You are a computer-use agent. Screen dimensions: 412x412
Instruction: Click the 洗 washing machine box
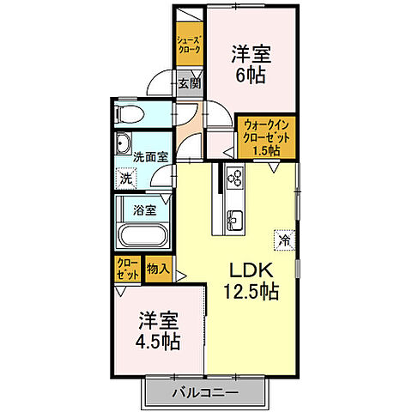click(126, 179)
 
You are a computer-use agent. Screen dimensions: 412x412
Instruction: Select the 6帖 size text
click(251, 74)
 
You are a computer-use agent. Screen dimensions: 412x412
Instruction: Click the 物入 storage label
click(157, 269)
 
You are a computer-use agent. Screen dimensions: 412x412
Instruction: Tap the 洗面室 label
click(150, 157)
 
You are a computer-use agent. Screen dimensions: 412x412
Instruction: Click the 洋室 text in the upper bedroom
click(251, 53)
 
